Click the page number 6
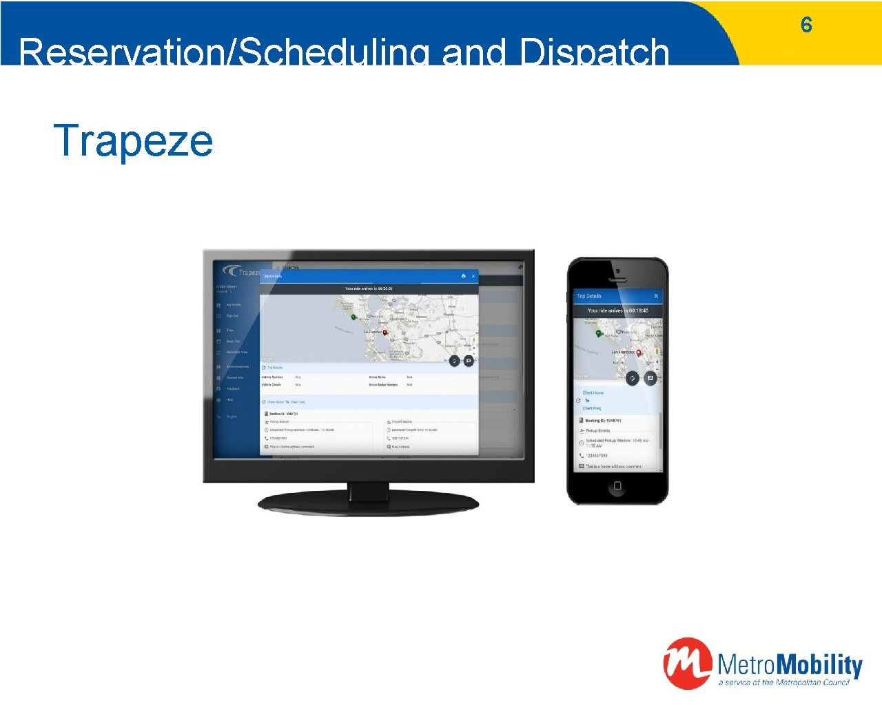pyautogui.click(x=806, y=25)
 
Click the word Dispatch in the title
pyautogui.click(x=595, y=52)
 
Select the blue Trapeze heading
pyautogui.click(x=133, y=140)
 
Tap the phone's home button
pyautogui.click(x=617, y=486)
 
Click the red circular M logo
pyautogui.click(x=686, y=663)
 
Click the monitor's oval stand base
pyautogui.click(x=368, y=503)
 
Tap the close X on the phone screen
pyautogui.click(x=655, y=296)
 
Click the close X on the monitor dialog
pyautogui.click(x=473, y=276)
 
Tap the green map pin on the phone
pyautogui.click(x=598, y=333)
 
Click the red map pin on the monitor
pyautogui.click(x=385, y=333)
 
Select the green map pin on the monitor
pyautogui.click(x=353, y=317)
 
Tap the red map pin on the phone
pyautogui.click(x=639, y=352)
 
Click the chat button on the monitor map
pyautogui.click(x=469, y=361)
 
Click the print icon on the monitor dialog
pyautogui.click(x=463, y=276)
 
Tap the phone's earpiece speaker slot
pyautogui.click(x=617, y=280)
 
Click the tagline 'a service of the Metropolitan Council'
pyautogui.click(x=783, y=682)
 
